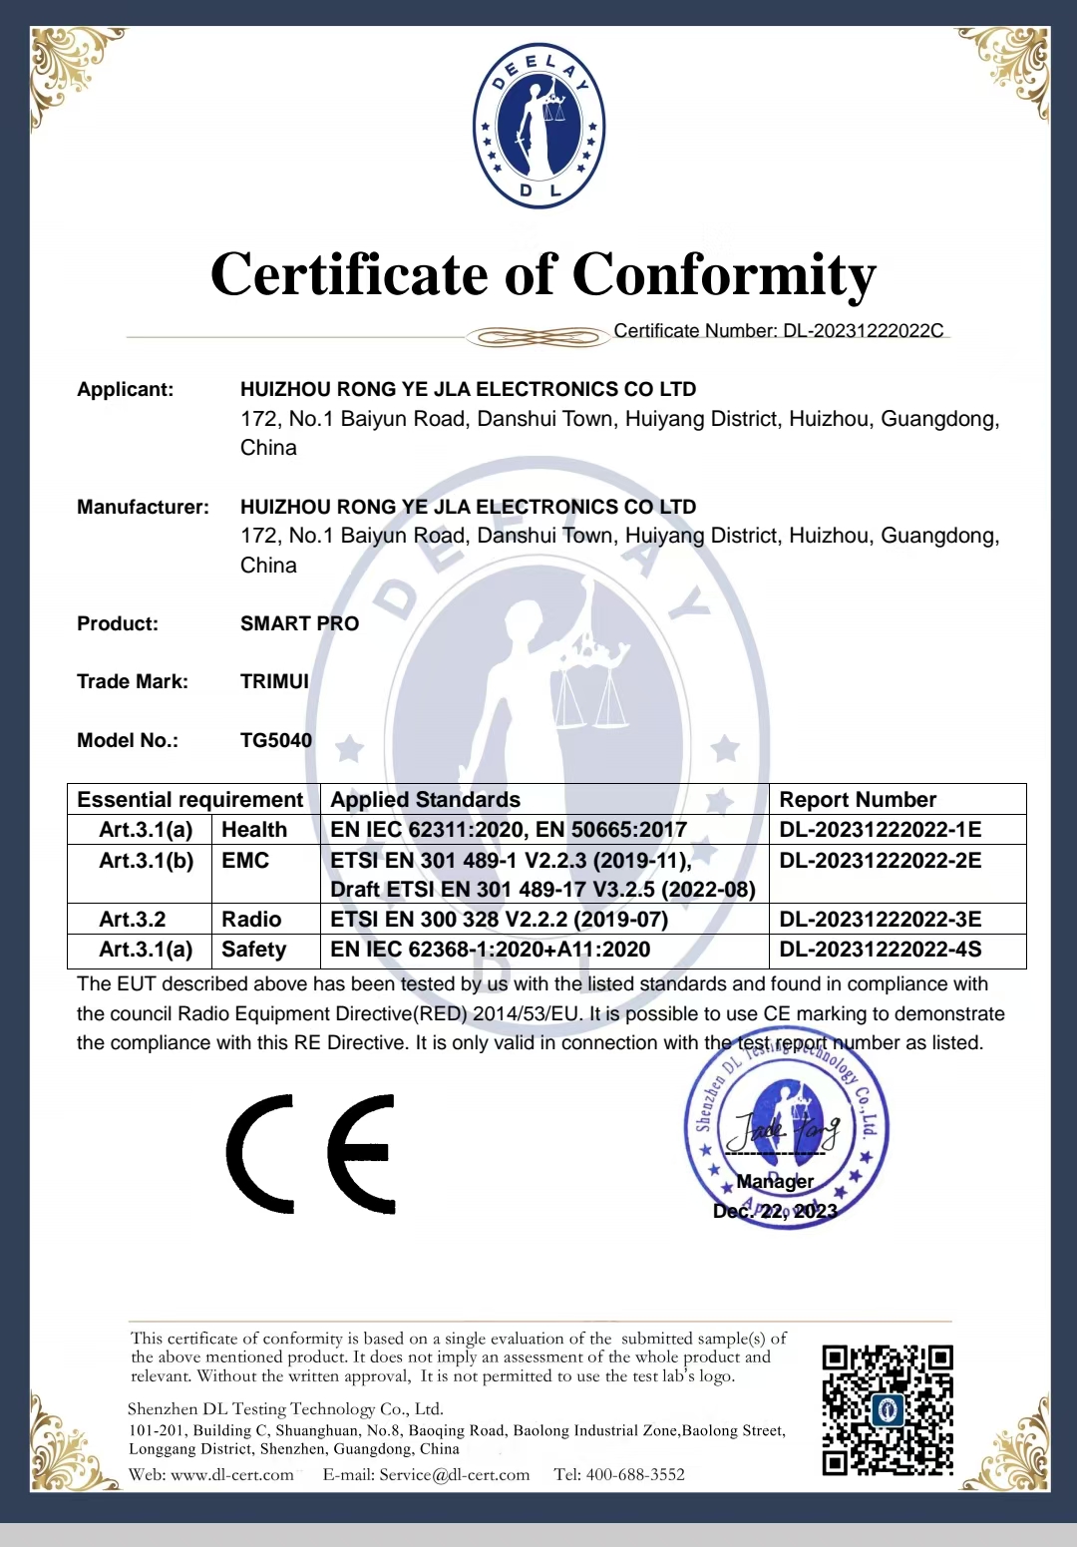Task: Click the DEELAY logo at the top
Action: point(538,126)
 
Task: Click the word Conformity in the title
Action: point(724,274)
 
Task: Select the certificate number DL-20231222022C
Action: point(864,331)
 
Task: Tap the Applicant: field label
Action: point(126,390)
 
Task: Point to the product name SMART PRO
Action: point(299,624)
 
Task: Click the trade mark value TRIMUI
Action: point(274,682)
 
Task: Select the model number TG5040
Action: point(276,741)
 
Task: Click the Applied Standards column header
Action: point(426,800)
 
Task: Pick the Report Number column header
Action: point(858,800)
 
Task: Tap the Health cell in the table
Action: point(254,830)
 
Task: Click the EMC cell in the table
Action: point(245,861)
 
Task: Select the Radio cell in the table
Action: point(251,920)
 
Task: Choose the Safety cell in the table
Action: point(253,950)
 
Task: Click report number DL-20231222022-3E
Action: point(881,920)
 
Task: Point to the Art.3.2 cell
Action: point(133,920)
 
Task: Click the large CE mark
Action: point(311,1154)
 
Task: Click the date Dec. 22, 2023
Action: point(775,1211)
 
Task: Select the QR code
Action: point(887,1409)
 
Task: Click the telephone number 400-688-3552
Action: point(634,1475)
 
